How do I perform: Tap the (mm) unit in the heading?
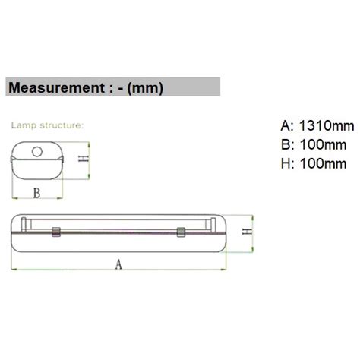click(x=145, y=87)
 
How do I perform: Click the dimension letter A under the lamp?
click(x=118, y=264)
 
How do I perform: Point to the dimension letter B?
click(x=36, y=193)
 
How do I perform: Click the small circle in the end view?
click(x=36, y=152)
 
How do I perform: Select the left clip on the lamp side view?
click(x=55, y=232)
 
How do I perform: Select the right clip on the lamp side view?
click(x=180, y=232)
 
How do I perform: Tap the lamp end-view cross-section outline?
click(x=36, y=158)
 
